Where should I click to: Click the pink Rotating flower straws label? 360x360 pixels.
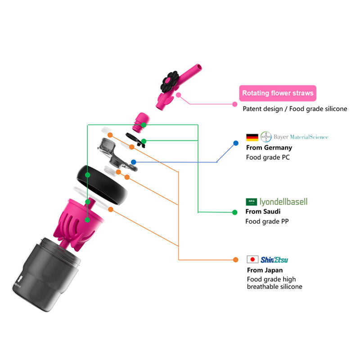(278, 94)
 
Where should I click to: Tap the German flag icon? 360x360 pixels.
(252, 137)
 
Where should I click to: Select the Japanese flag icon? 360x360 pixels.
(252, 260)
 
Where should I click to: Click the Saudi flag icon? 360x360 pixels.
(251, 202)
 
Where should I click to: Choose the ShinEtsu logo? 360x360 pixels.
(274, 260)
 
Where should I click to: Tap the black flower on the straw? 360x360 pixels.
(171, 81)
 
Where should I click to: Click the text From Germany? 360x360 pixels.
(269, 148)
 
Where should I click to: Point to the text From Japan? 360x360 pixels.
(265, 270)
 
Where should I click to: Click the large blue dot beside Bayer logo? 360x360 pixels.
(235, 144)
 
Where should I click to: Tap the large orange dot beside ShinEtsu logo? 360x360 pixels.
(235, 260)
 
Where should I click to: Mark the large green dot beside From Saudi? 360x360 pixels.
(234, 212)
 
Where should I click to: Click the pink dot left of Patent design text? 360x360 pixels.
(234, 104)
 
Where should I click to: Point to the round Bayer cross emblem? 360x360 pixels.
(266, 137)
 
